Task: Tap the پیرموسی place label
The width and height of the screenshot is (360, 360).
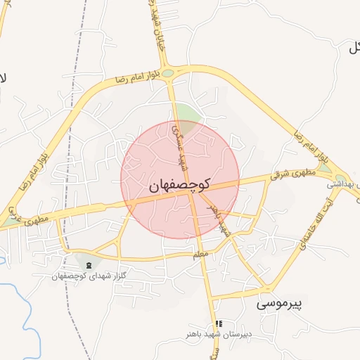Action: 278,304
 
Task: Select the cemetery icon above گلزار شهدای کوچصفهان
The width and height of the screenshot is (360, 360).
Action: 89,264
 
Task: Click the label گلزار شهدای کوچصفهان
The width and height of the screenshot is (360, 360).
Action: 89,275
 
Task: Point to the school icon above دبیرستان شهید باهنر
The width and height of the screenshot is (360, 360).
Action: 219,323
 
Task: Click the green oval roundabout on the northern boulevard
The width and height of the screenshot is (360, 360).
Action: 167,72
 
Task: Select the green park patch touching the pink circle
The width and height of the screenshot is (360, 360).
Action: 186,113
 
